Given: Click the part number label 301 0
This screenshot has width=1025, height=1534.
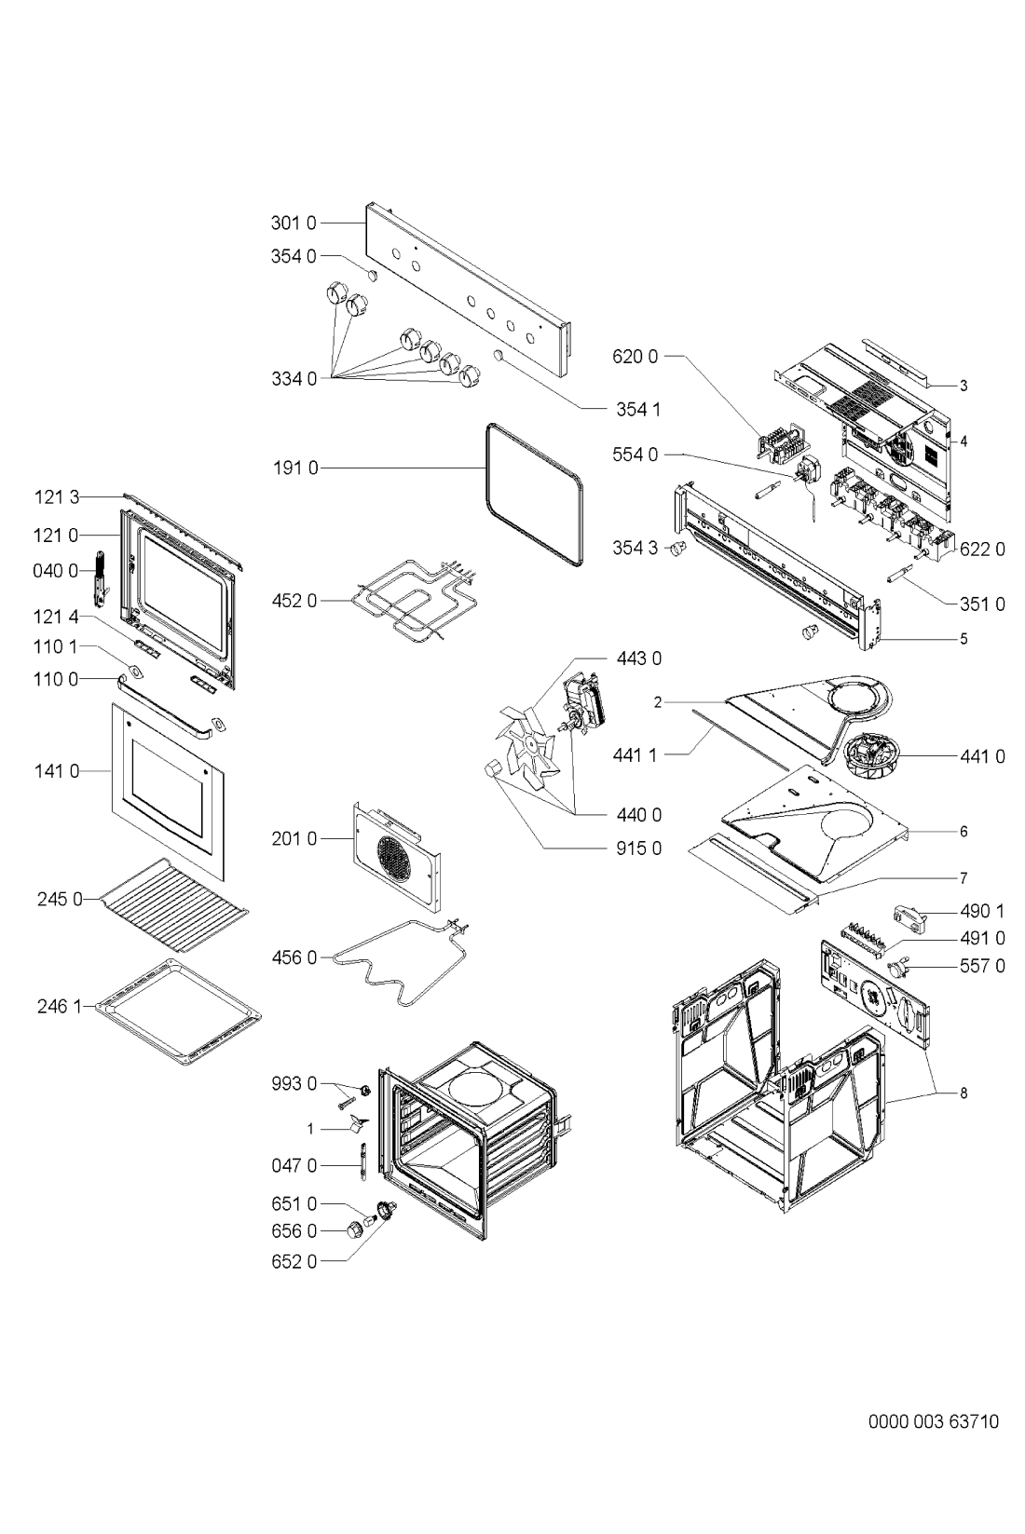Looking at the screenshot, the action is click(x=294, y=224).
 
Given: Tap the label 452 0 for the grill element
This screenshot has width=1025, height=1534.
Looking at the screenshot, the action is click(x=294, y=601).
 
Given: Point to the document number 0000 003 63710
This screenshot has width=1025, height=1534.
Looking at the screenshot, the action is click(x=933, y=1421).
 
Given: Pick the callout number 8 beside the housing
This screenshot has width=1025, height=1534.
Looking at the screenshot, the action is click(x=963, y=1093).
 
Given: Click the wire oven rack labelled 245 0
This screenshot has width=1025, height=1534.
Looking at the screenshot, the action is click(x=174, y=904).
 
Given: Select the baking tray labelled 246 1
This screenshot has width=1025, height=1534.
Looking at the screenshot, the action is click(x=178, y=1012).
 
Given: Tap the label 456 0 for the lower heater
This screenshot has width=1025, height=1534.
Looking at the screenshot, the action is click(x=294, y=957).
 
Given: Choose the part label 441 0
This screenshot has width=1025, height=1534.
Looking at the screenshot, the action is click(x=982, y=756).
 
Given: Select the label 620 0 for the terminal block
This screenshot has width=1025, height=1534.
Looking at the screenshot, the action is click(x=635, y=357).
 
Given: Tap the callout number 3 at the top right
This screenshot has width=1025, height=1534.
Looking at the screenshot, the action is click(x=963, y=387).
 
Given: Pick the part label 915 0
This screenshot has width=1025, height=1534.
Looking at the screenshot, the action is click(x=638, y=848).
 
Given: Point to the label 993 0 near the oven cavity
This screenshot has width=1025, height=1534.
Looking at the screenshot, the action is click(x=294, y=1084).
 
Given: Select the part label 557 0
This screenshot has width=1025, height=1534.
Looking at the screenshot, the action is click(x=982, y=966).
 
